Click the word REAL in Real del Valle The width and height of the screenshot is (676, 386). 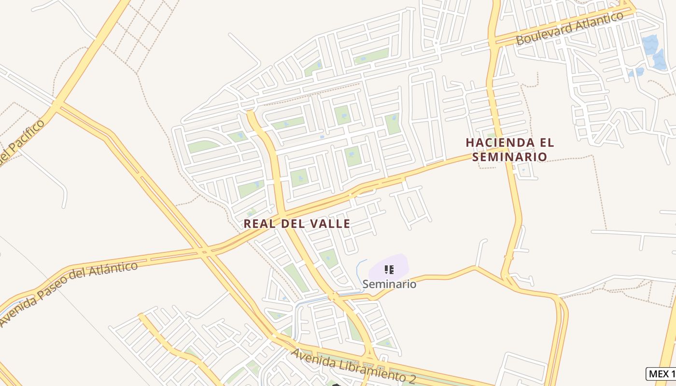click(259, 224)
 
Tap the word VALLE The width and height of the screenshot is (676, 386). click(331, 224)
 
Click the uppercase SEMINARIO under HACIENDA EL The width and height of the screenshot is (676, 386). click(510, 157)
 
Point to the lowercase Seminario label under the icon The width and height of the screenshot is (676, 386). click(389, 284)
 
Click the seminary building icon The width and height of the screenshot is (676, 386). click(389, 270)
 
